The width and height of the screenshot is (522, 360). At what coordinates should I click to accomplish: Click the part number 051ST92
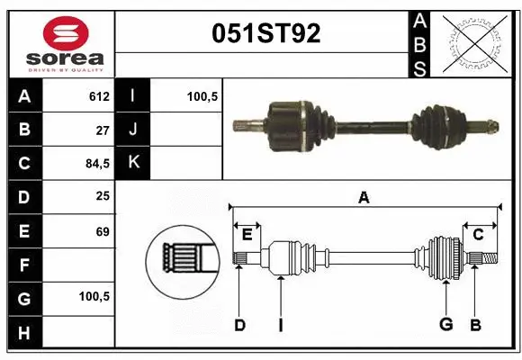click(x=265, y=33)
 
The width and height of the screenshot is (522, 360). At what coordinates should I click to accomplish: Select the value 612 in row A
click(x=99, y=95)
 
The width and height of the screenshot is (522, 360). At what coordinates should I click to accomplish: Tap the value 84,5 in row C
click(x=97, y=163)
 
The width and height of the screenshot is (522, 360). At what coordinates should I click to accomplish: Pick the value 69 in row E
click(x=103, y=231)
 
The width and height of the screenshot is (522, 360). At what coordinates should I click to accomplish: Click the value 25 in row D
click(x=103, y=196)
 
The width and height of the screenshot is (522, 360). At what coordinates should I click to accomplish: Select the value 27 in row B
click(x=103, y=129)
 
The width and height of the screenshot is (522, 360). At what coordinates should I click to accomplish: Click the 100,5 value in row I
click(x=202, y=95)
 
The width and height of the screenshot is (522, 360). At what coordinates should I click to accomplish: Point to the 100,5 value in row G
click(x=94, y=296)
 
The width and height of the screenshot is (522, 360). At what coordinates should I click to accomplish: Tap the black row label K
click(x=132, y=163)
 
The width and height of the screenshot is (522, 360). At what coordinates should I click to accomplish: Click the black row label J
click(x=132, y=129)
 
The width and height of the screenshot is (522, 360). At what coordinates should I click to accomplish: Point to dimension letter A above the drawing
click(x=364, y=197)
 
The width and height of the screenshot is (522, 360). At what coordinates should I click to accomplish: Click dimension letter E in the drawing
click(x=247, y=235)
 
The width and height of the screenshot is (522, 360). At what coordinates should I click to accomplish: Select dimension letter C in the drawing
click(x=478, y=235)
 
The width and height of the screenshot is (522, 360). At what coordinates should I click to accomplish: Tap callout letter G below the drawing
click(x=445, y=325)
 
